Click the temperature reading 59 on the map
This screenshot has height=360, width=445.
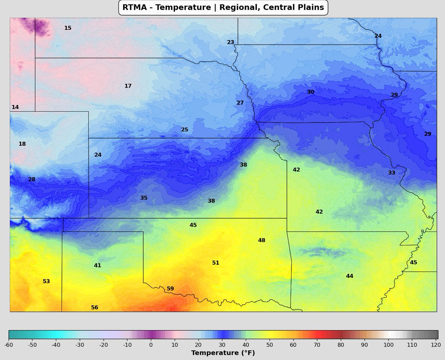pos(170,288)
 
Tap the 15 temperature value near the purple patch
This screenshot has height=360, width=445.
pos(68,28)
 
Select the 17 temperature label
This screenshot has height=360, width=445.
pos(128,86)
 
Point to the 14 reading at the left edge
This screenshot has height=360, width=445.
pos(15,107)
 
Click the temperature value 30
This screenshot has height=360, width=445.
pos(311,92)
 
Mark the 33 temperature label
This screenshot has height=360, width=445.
pos(392,173)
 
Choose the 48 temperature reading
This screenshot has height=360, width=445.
pos(261,240)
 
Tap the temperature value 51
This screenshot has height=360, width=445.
pos(215,263)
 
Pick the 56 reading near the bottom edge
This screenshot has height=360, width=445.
pos(95,307)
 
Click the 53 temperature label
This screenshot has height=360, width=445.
pos(46,281)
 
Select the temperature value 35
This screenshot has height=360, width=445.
pos(144,198)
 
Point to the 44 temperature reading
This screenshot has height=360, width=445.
pos(349,276)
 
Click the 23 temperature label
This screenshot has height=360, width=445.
pos(231,42)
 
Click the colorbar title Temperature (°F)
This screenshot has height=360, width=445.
pos(223,353)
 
